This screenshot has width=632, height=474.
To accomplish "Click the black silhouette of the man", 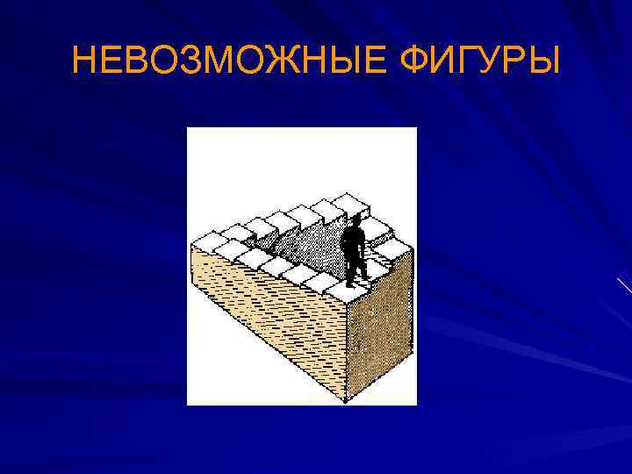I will (x=354, y=250).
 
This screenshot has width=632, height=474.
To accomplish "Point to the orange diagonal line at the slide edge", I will (x=623, y=285).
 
